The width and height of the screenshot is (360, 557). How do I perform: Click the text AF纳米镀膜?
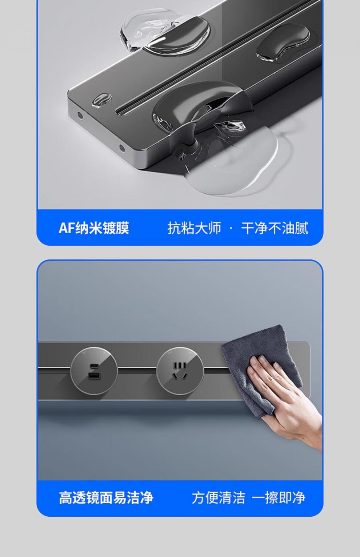[x=94, y=228]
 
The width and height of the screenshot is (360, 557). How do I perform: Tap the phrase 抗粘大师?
[x=194, y=228]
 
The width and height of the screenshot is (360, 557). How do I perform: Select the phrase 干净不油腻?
[x=275, y=228]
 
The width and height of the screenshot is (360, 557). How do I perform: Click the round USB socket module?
[x=94, y=371]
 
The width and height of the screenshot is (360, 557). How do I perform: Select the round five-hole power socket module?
[x=180, y=371]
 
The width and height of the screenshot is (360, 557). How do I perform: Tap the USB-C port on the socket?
[x=94, y=366]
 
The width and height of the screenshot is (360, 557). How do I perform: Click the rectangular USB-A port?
[x=94, y=376]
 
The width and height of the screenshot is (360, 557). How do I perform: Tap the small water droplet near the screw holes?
[x=102, y=100]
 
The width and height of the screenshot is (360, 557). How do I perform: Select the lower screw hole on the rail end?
[x=122, y=149]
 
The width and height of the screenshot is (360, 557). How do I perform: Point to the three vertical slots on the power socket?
[x=180, y=366]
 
